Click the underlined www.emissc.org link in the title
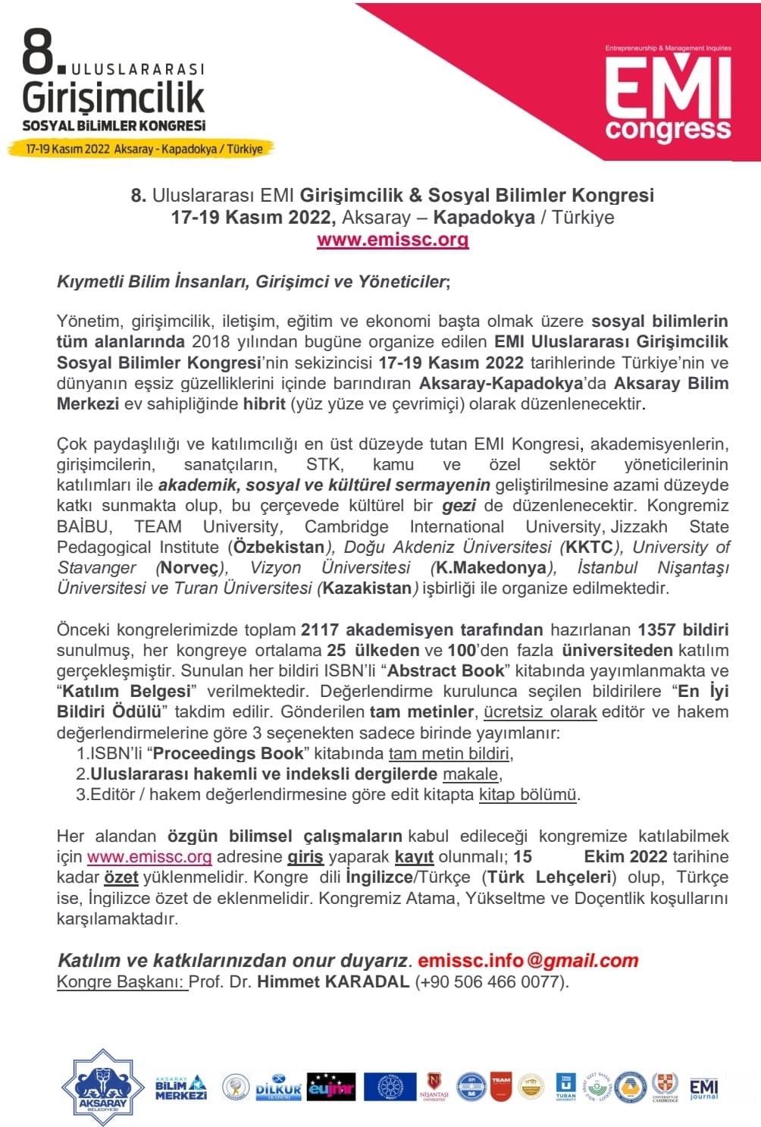(393, 240)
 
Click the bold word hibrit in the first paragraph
(265, 403)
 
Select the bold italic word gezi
(459, 506)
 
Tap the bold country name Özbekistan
(278, 547)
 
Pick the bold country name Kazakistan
(367, 588)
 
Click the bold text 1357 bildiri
(682, 629)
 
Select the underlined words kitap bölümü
(528, 794)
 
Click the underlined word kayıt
(414, 857)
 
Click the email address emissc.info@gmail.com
(528, 960)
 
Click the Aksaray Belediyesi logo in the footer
(102, 1088)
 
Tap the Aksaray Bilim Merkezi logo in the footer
(180, 1088)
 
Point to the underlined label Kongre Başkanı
(121, 981)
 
